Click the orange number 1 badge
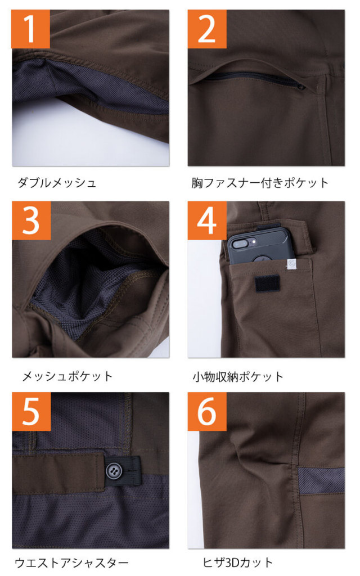(x=30, y=29)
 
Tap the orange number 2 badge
(x=207, y=29)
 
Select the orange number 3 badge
(x=31, y=220)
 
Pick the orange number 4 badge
(x=207, y=220)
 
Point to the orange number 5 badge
(x=31, y=411)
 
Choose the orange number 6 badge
(x=207, y=411)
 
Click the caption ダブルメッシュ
(x=57, y=183)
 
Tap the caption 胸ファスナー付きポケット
(x=260, y=183)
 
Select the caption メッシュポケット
(x=67, y=376)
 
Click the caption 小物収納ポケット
(x=238, y=376)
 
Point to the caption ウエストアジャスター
(x=72, y=562)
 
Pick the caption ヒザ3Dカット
(x=238, y=562)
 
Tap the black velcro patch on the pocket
(x=267, y=283)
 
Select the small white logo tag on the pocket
(x=291, y=265)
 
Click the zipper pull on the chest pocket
(x=301, y=87)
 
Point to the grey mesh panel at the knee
(x=321, y=480)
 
